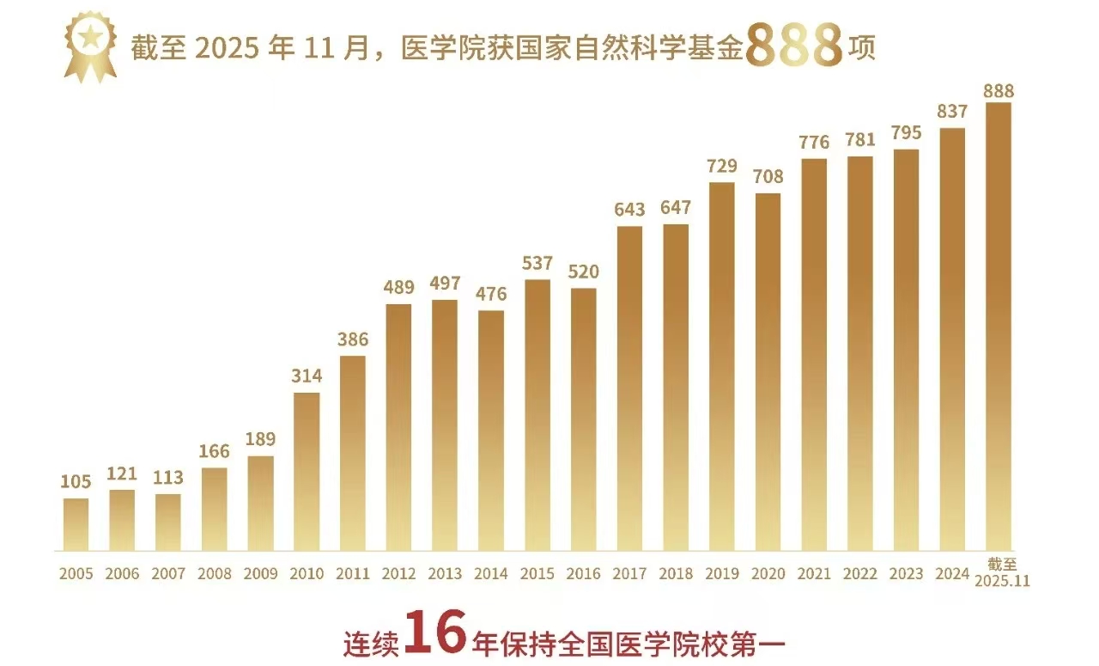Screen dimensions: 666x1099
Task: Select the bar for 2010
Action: click(307, 471)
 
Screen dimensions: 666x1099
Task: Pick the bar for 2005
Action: click(76, 524)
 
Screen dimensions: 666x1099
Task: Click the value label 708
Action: click(768, 177)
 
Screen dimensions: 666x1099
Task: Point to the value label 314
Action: click(307, 376)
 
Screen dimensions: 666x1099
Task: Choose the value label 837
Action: click(952, 112)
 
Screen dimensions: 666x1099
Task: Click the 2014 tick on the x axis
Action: click(491, 574)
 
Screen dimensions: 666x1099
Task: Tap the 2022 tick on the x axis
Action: click(860, 574)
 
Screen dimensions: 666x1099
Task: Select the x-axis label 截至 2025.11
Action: click(999, 572)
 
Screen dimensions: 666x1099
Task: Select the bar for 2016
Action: click(584, 419)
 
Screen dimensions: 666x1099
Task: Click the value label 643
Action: click(629, 210)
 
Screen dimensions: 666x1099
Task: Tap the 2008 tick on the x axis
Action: click(214, 574)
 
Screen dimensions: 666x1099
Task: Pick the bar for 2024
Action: click(952, 339)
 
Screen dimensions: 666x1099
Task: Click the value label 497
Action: click(445, 284)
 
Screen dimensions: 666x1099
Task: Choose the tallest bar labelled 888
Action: click(999, 327)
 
